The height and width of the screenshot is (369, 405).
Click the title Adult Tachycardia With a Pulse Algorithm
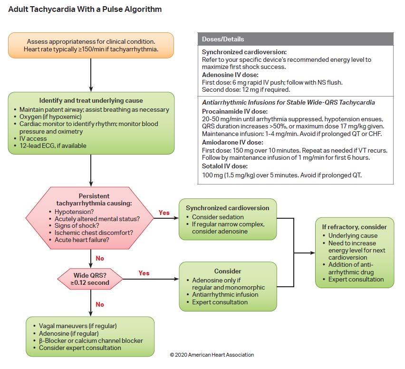85,9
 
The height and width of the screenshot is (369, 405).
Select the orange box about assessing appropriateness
90,45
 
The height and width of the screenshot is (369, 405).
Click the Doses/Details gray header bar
295,39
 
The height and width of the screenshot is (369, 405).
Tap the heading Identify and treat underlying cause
91,100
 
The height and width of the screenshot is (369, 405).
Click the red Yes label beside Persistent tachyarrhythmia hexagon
164,213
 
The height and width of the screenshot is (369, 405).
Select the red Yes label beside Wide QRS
144,273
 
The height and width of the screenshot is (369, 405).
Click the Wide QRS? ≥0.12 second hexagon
90,278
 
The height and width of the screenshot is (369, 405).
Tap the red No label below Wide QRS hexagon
100,304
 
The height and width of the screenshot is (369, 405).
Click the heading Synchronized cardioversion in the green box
227,208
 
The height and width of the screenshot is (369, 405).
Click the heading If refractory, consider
355,227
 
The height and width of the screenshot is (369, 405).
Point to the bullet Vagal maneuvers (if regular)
77,326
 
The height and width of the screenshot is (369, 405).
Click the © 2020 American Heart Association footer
212,355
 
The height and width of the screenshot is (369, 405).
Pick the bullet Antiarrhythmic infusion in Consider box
225,294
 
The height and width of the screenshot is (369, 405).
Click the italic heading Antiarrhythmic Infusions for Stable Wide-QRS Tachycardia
288,102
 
